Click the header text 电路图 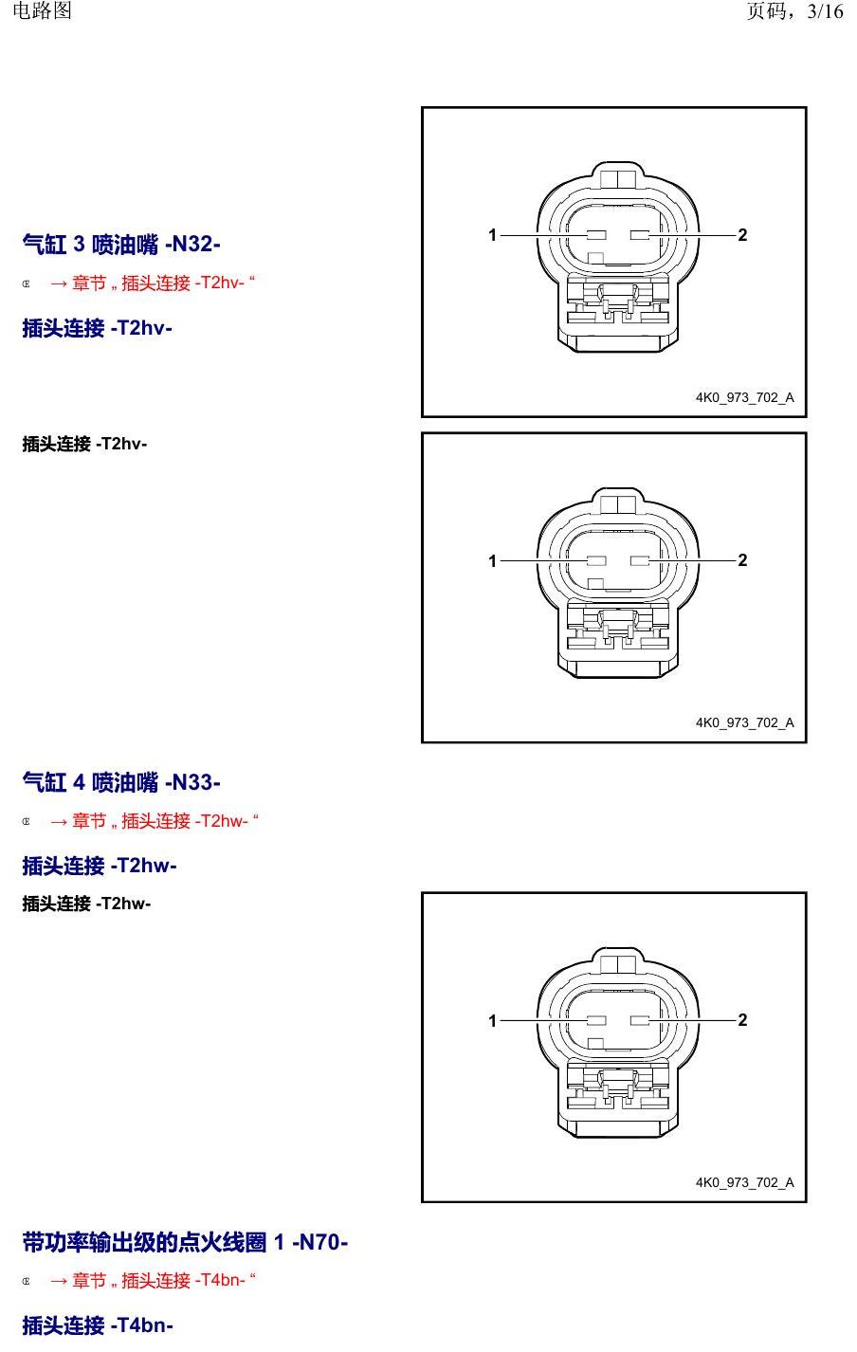click(43, 10)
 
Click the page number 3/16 click(825, 10)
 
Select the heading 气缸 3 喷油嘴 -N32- click(121, 245)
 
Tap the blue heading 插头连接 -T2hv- click(97, 328)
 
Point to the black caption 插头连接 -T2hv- click(84, 445)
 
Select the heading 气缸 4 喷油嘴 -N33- click(121, 782)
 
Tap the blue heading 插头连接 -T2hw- click(100, 866)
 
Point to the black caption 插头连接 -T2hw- click(86, 904)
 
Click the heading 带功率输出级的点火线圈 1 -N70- click(185, 1242)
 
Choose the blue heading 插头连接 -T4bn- click(98, 1325)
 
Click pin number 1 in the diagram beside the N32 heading click(492, 235)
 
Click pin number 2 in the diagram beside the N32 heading click(742, 235)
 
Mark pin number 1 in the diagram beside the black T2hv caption click(492, 560)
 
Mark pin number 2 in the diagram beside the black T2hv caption click(742, 560)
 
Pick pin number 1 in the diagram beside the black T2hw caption click(492, 1021)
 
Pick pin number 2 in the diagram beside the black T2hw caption click(742, 1020)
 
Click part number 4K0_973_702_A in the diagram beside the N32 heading click(745, 397)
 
